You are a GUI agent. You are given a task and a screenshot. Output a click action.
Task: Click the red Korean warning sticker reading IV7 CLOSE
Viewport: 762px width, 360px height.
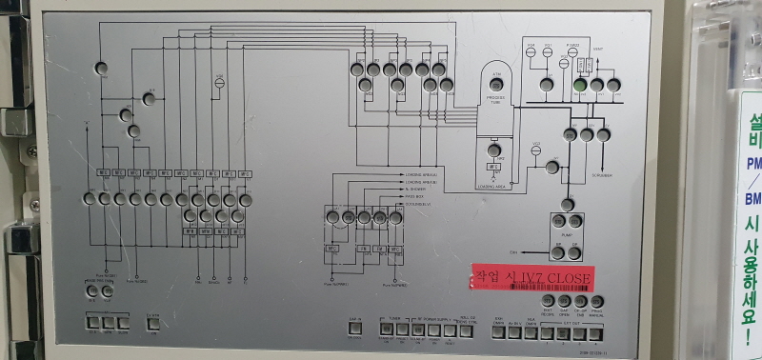[533, 277]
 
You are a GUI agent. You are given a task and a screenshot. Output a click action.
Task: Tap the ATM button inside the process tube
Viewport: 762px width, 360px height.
[496, 85]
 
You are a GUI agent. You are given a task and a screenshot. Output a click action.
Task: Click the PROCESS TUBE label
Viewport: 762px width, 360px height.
[495, 99]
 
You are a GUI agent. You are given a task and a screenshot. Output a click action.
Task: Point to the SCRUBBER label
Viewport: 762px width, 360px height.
[600, 175]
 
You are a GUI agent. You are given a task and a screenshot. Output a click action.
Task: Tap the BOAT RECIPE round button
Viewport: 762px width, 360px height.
[549, 302]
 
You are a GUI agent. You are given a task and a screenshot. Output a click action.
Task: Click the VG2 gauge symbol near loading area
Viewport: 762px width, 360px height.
[536, 147]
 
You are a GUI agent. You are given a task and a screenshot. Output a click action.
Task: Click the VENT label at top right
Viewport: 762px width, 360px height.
[597, 47]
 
